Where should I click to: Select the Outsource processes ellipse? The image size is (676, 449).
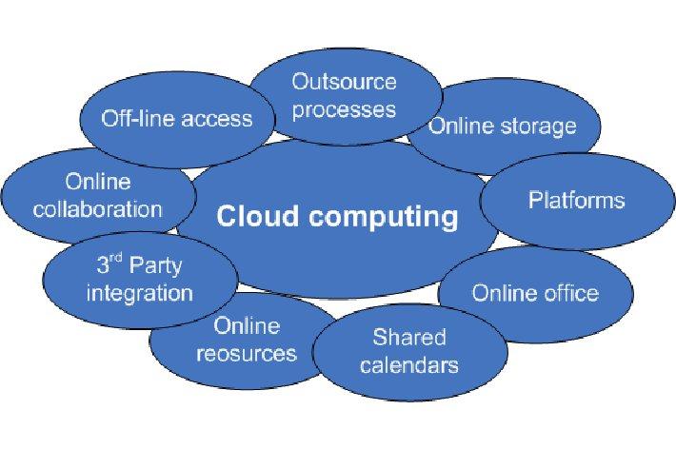[x=344, y=95]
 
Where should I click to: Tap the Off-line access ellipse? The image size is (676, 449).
[x=177, y=118]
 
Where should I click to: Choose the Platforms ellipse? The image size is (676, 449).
[x=576, y=201]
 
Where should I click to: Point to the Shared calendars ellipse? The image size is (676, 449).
[x=409, y=350]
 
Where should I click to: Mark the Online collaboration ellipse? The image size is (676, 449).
[x=97, y=195]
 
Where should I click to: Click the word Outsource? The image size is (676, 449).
[x=344, y=81]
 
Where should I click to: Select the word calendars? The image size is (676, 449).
[x=409, y=364]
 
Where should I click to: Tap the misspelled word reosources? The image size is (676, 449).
[x=247, y=354]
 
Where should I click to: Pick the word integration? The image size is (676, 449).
[x=139, y=293]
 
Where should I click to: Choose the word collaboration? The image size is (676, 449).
[x=97, y=208]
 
